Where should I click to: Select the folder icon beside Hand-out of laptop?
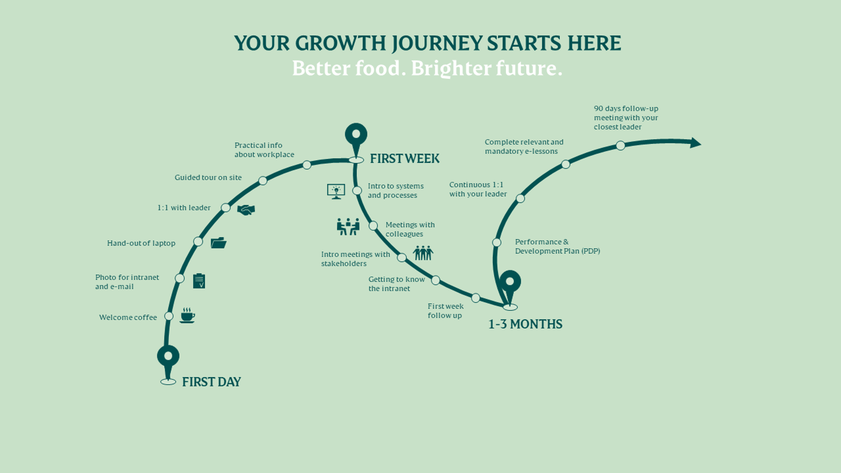tap(218, 243)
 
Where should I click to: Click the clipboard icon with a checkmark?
tap(199, 281)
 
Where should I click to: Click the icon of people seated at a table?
tap(348, 227)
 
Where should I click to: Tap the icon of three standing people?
tap(423, 253)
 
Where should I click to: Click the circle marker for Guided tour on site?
tap(263, 180)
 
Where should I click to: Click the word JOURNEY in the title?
tap(437, 43)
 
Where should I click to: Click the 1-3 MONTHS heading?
tap(525, 324)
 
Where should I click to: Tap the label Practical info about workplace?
tap(264, 150)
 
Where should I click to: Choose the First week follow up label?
tap(446, 311)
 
